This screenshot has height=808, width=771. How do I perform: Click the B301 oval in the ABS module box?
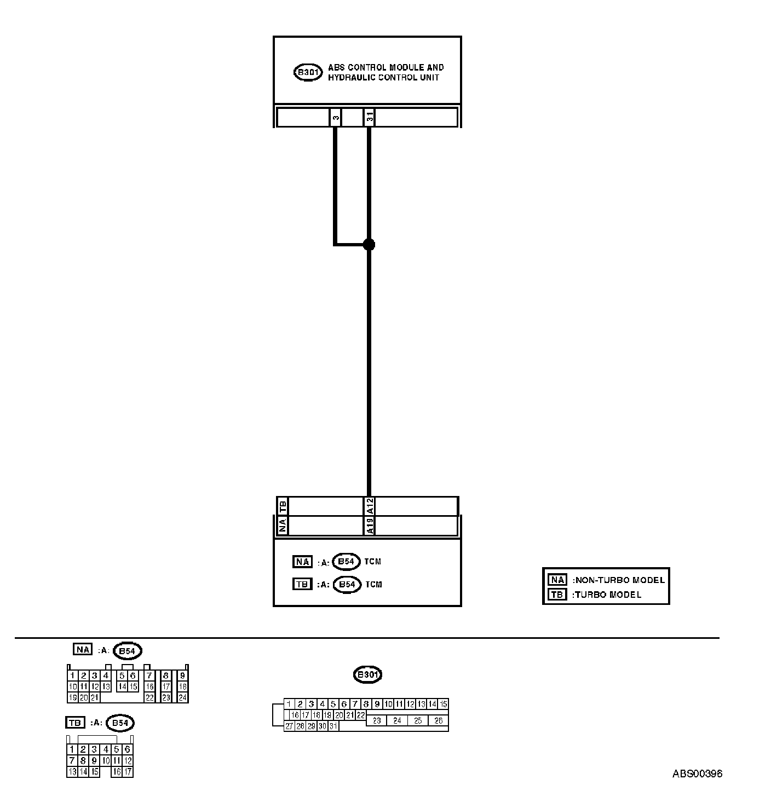click(x=308, y=72)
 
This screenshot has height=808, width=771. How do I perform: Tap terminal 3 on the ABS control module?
click(x=336, y=117)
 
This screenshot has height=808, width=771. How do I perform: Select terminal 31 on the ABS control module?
click(x=370, y=117)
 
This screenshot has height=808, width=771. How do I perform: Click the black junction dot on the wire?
click(x=369, y=244)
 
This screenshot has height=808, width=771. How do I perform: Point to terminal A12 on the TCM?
click(x=370, y=506)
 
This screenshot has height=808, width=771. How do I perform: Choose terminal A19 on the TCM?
click(x=370, y=526)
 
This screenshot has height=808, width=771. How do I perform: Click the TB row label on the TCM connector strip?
click(x=283, y=506)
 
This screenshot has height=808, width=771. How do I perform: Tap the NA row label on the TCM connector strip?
click(x=283, y=526)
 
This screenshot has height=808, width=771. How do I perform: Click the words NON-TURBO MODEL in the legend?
click(x=619, y=580)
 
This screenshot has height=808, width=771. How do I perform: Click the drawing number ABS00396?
click(x=697, y=774)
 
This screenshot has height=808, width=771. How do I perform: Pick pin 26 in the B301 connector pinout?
click(x=438, y=721)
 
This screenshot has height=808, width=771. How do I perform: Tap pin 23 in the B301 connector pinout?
click(x=377, y=721)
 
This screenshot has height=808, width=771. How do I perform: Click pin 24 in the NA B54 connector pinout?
click(x=182, y=697)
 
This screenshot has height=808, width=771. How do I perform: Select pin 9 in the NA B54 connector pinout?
click(x=182, y=676)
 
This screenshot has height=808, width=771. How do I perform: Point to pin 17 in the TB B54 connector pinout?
click(x=128, y=772)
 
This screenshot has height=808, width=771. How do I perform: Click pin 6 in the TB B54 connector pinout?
click(x=128, y=749)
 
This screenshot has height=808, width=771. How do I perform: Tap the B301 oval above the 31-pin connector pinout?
click(x=368, y=674)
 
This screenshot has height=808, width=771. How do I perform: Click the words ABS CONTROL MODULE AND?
click(x=385, y=67)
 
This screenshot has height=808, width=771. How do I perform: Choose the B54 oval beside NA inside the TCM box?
click(x=346, y=562)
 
